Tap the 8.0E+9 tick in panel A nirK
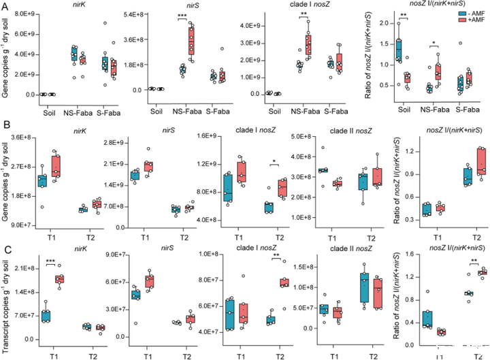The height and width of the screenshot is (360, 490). (25, 14)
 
